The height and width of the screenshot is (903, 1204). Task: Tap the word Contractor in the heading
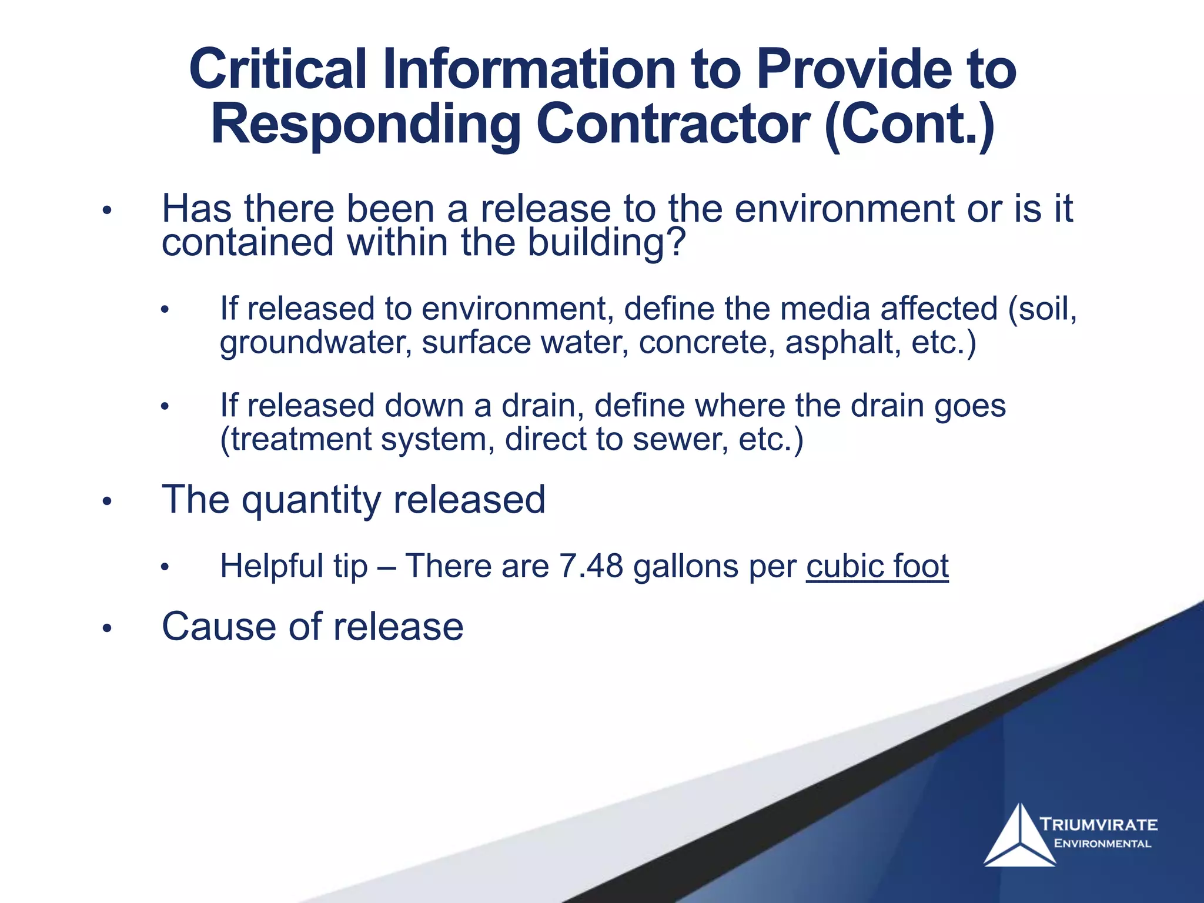coord(673,125)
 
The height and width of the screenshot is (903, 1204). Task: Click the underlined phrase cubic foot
coord(877,566)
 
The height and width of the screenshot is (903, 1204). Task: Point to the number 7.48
coord(591,566)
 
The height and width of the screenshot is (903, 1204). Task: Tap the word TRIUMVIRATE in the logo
coord(1098,824)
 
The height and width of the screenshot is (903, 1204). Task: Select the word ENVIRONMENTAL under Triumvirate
coord(1102,844)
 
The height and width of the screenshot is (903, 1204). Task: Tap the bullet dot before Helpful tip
coord(165,567)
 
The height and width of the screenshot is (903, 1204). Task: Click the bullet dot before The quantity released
coord(106,502)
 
